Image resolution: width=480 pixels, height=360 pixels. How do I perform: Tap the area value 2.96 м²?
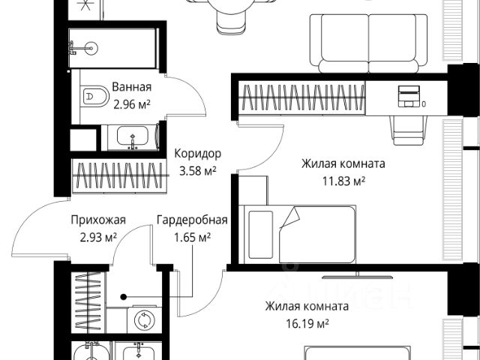tap(132, 104)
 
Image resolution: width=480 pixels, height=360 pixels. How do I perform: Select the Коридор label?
tap(197, 153)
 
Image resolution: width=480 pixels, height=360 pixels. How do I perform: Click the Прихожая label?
tap(98, 220)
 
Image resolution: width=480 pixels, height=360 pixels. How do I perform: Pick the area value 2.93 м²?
tap(97, 237)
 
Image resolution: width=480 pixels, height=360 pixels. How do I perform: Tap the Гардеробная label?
tap(192, 220)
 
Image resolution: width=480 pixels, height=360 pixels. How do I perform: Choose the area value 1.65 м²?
tap(191, 237)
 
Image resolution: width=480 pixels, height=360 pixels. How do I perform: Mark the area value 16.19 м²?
tap(307, 323)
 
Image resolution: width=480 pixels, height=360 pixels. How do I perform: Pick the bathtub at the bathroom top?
tap(113, 48)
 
